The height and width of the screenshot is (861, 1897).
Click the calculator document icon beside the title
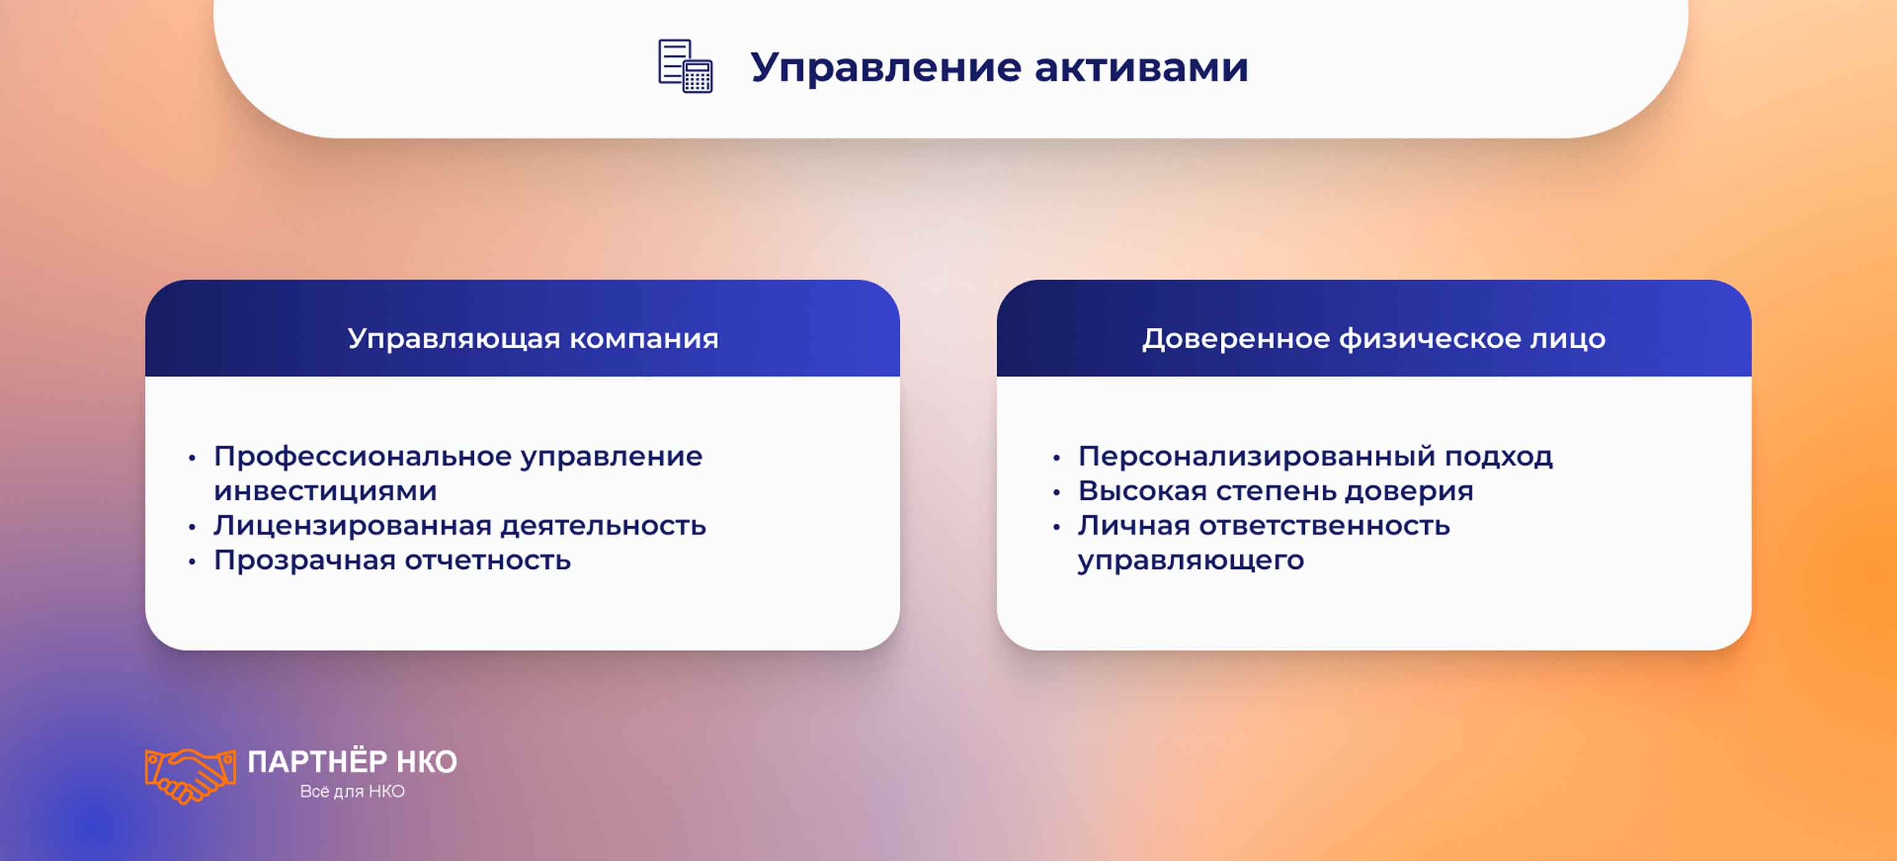pos(685,66)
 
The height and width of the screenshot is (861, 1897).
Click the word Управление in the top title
pos(884,68)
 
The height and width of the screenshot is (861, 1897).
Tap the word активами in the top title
pos(1141,68)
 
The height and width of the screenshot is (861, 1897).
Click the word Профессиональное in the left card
pos(362,456)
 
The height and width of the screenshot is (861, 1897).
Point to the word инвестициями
pos(325,490)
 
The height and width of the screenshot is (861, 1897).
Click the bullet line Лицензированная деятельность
pos(459,525)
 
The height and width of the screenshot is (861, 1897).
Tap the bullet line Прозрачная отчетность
pos(392,560)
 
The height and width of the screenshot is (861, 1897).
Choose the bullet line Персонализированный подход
pos(1315,456)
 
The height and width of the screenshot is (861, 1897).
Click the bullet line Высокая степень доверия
pos(1275,490)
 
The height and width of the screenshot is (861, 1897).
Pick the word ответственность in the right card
pos(1324,525)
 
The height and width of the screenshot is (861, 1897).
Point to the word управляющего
pos(1191,560)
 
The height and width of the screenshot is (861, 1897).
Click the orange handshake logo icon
pos(190,775)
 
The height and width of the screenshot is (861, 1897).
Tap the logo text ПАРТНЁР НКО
pos(352,762)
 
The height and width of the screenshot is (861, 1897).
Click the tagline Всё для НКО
pos(352,791)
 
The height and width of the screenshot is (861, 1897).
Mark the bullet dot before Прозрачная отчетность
pos(192,562)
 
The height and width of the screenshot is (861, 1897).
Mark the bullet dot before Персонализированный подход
pos(1057,458)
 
